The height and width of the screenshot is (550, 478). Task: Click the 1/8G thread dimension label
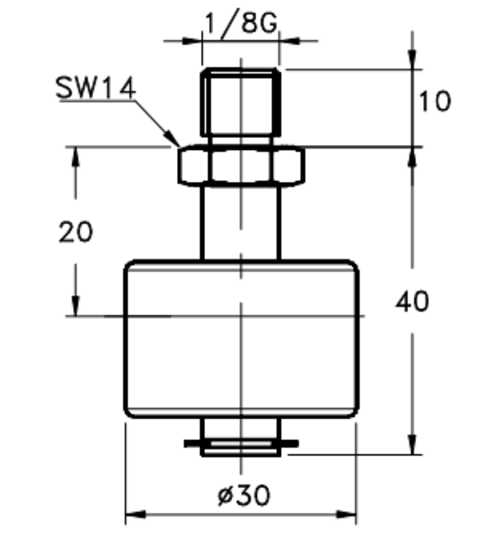coord(240,23)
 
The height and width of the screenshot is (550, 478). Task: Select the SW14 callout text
coord(95,88)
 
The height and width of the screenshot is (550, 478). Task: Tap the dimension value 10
coord(434,102)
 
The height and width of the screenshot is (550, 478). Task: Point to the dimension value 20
coord(76,232)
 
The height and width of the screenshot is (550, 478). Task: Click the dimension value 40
coord(412,302)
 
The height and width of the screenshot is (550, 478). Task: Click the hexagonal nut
coord(241,165)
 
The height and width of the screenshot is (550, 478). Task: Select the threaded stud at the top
coord(241,103)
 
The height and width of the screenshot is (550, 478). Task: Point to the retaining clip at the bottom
coord(241,444)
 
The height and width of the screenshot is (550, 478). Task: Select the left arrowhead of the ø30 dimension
coord(134,514)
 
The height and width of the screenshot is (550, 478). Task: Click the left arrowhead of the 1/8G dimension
coord(193,41)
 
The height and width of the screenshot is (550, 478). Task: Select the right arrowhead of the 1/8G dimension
coord(290,41)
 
